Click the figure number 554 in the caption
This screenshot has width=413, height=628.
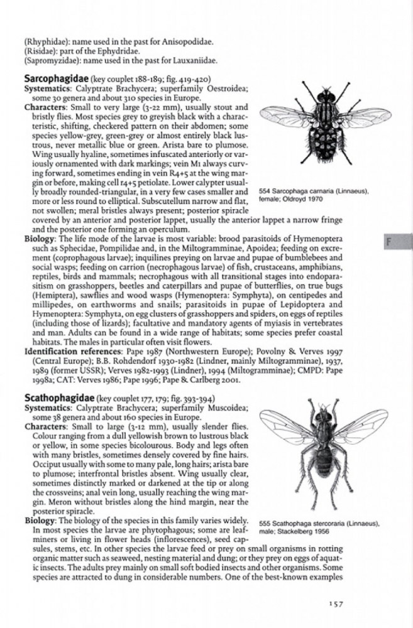(x=265, y=191)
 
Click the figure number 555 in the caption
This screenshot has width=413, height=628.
(x=265, y=523)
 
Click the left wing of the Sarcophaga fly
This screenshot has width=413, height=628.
(x=286, y=116)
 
